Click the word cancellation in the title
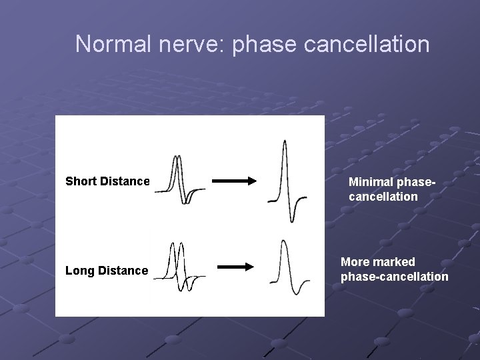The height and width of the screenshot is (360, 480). pos(375,44)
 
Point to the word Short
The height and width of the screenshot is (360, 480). pos(81,181)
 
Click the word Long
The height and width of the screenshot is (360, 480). pos(79,271)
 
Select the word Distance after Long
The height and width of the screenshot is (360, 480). pos(123,271)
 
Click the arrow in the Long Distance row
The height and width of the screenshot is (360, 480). pos(236,267)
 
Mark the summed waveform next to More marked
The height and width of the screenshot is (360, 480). pos(289,267)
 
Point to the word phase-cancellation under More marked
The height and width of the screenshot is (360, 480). pos(394,277)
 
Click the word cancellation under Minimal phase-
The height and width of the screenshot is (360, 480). pos(383,197)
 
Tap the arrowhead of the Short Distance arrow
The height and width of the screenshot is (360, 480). pos(251,181)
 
